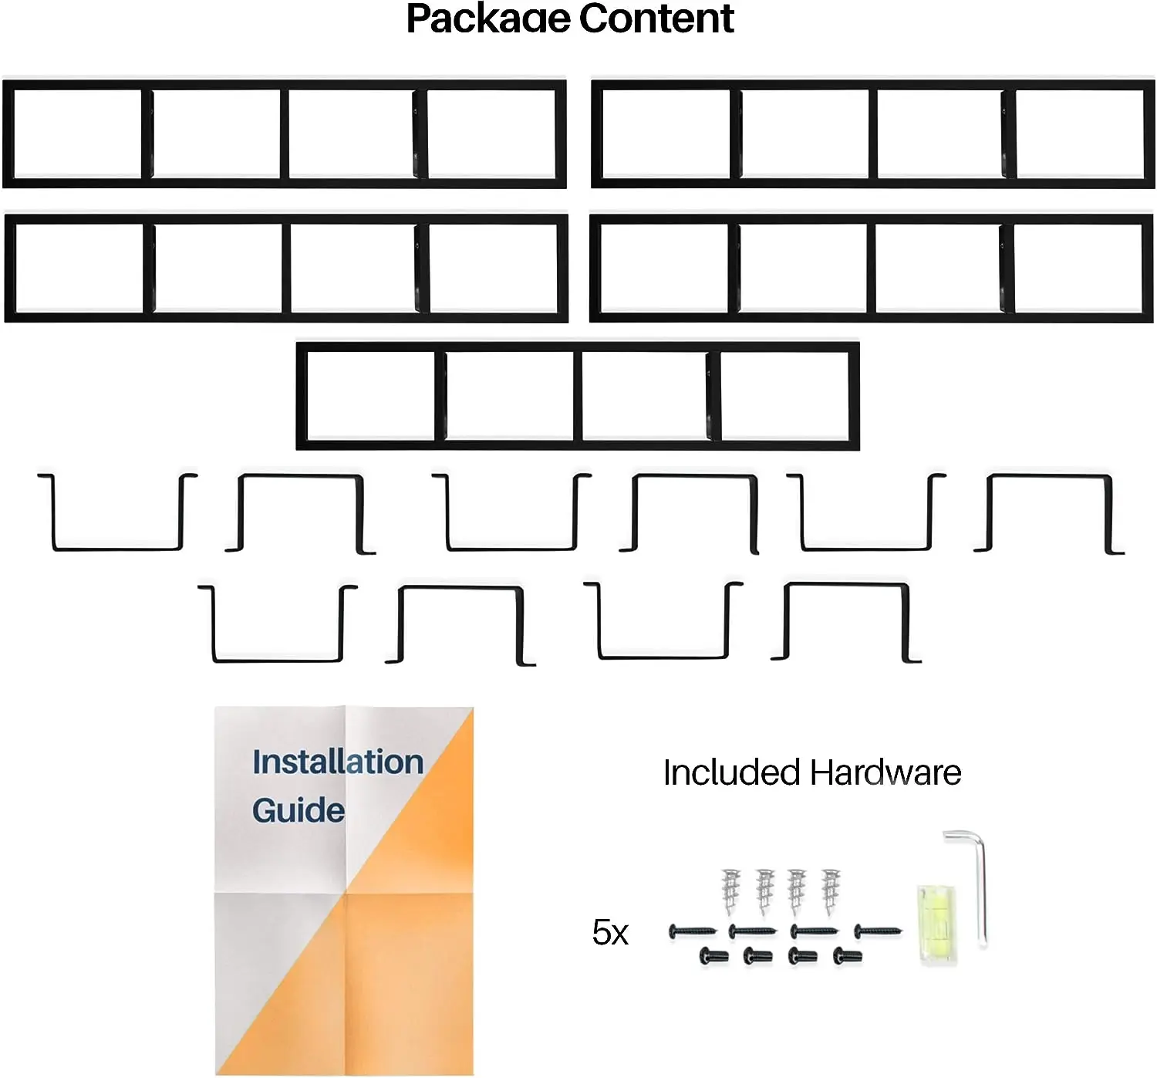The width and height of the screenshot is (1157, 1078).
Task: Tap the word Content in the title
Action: point(656,19)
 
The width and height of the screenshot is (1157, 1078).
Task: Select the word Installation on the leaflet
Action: point(338,762)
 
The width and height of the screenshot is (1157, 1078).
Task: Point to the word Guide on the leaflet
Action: point(298,810)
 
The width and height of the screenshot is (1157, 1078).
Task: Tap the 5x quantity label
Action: point(610,933)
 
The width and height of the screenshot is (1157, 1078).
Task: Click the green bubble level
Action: point(936,923)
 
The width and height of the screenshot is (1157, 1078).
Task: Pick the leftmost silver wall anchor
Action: point(730,891)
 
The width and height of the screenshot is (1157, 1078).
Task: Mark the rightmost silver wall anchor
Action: point(830,891)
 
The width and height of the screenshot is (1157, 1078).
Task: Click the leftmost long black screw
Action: point(692,932)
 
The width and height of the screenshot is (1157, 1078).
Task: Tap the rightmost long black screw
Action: point(878,932)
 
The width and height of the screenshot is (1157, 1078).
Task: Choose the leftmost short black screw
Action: point(713,957)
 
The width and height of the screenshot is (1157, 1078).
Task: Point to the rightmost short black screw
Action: point(848,957)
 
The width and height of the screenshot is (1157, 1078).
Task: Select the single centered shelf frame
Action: point(578,396)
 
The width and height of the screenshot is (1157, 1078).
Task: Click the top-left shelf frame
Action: point(285,133)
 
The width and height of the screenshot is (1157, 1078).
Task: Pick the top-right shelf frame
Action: point(872,133)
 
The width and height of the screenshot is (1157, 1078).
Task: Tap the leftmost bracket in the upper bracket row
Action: point(117,512)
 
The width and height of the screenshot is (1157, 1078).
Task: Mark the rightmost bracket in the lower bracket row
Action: point(846,622)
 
